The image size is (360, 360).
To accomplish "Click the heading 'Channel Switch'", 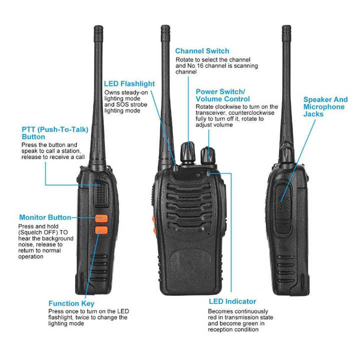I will tap(202, 51).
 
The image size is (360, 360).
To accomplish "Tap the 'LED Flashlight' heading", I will tap(129, 83).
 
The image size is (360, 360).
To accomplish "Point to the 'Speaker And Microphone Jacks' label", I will tap(325, 107).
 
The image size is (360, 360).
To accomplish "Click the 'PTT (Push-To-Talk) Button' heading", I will tap(54, 132).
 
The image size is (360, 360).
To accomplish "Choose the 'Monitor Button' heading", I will tap(45, 217).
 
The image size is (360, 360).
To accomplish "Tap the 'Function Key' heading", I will tap(71, 303).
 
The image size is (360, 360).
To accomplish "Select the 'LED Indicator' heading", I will tap(232, 301).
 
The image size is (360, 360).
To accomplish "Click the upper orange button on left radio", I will tap(102, 218).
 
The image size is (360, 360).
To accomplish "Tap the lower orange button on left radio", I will tap(101, 230).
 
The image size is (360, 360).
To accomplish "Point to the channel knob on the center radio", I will tap(188, 151).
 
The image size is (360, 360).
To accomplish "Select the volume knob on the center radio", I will tap(207, 154).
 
